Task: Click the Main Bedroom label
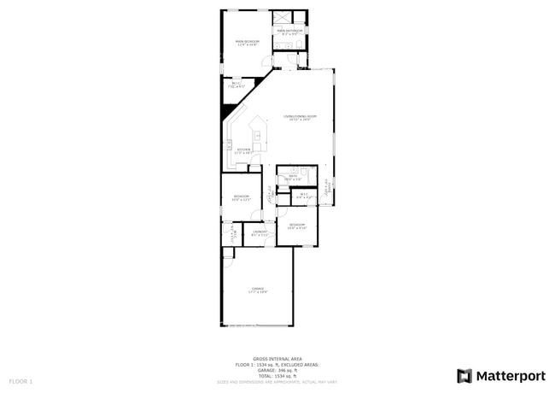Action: tap(247, 41)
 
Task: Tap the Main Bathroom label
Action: tap(289, 32)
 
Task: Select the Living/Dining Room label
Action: tap(300, 117)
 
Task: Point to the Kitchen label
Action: tap(243, 150)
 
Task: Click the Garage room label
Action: tap(257, 290)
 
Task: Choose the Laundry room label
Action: tap(260, 232)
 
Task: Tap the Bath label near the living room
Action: tap(293, 177)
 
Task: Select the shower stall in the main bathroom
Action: tap(283, 18)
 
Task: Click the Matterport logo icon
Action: tap(464, 375)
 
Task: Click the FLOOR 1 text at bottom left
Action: tap(20, 380)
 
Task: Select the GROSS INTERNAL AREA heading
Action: tap(277, 358)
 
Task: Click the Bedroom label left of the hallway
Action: tap(241, 197)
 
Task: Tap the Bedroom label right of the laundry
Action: tap(296, 226)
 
